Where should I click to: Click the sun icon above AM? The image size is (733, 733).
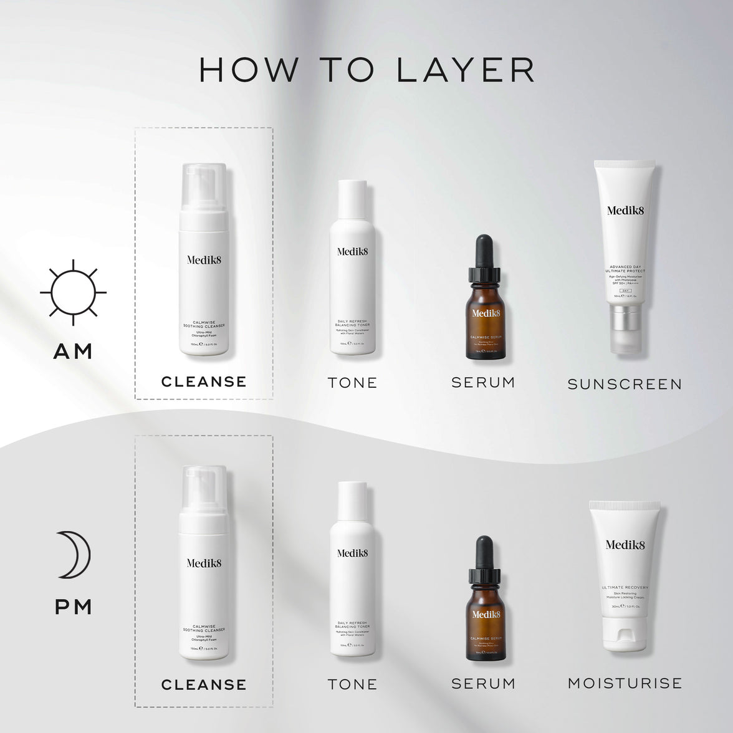coord(73,292)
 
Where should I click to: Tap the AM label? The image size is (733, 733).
coord(73,352)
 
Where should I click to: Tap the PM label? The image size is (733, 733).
coord(74,606)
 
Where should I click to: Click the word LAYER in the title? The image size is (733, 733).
coord(466,70)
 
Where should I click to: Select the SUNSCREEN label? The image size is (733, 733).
coord(625,384)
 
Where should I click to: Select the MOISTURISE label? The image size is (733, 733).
coord(625,683)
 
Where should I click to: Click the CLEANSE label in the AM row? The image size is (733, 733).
coord(204,381)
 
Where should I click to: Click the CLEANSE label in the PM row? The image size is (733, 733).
coord(204,684)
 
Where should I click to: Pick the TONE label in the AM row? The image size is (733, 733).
coord(353,383)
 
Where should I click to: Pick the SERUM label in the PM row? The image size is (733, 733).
coord(483,683)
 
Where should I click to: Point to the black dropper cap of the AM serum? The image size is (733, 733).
coord(483,262)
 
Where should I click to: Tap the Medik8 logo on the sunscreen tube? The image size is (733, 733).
coord(625,210)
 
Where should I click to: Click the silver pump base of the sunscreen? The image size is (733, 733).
coord(625,322)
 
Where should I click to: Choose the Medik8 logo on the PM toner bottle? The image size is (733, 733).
coord(353,553)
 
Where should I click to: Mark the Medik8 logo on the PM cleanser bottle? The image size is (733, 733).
coord(204,563)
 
